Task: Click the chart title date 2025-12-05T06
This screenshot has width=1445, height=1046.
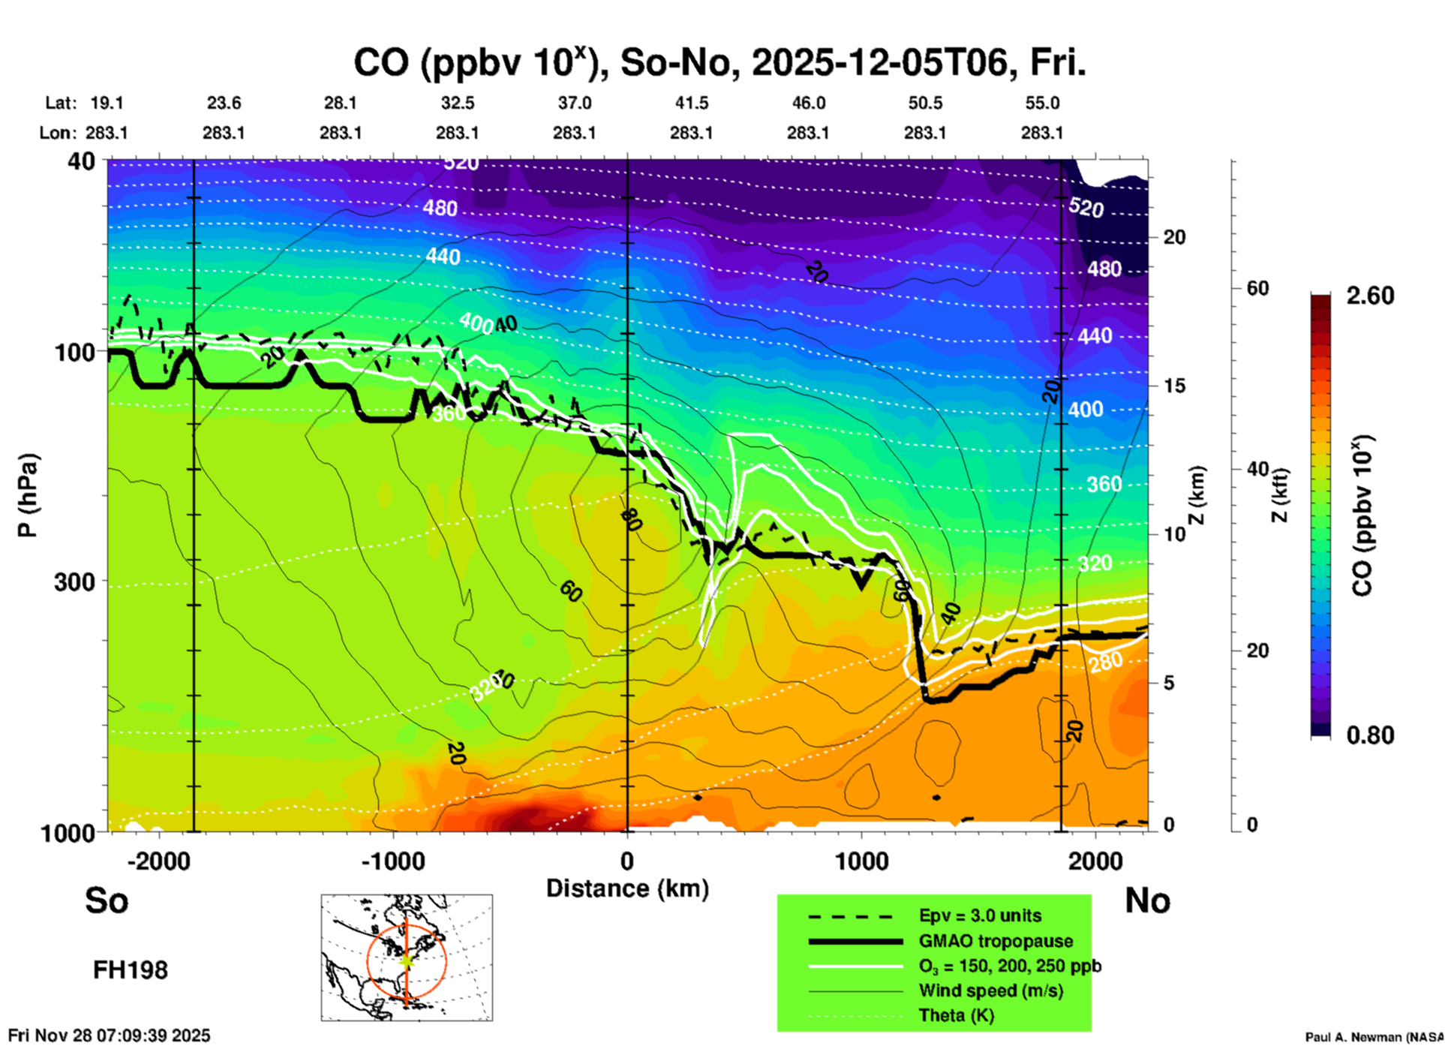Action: tap(879, 63)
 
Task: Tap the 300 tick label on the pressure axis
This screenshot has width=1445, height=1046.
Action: tap(74, 582)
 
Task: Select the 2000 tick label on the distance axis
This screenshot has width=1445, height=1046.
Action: tap(1095, 861)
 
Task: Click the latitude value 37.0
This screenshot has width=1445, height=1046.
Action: tap(574, 103)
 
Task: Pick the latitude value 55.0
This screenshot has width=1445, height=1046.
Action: tap(1042, 103)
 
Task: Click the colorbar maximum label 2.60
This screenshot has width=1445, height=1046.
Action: tap(1370, 296)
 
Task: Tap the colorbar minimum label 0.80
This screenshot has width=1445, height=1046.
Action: tap(1370, 735)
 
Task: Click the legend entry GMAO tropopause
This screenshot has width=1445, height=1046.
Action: tap(996, 941)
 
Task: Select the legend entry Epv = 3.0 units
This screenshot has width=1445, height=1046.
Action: tap(980, 916)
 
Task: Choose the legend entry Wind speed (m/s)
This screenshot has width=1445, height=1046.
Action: tap(990, 991)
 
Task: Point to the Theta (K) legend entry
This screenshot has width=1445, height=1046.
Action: tap(956, 1016)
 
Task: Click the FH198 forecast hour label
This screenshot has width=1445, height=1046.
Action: tap(131, 970)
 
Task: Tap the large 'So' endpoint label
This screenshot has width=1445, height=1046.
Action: tap(107, 900)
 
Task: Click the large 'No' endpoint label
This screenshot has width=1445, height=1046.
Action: tap(1147, 900)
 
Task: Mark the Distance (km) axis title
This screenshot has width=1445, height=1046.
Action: tap(627, 888)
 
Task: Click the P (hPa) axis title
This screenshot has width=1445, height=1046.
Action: tap(28, 495)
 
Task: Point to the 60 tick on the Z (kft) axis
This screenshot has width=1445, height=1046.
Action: tap(1258, 288)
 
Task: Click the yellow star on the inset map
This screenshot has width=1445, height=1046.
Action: tap(407, 960)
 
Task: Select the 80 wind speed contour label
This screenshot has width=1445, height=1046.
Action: tap(631, 518)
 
